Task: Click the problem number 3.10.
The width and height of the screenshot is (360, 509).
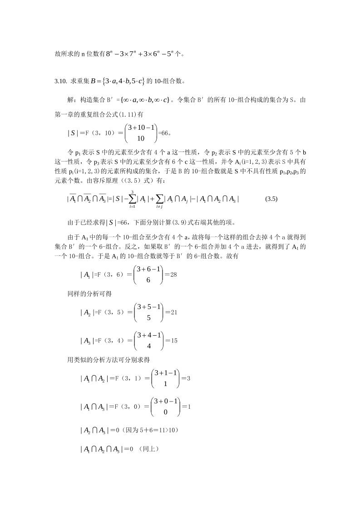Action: (60, 82)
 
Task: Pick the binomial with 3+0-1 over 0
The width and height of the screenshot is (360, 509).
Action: (167, 406)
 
